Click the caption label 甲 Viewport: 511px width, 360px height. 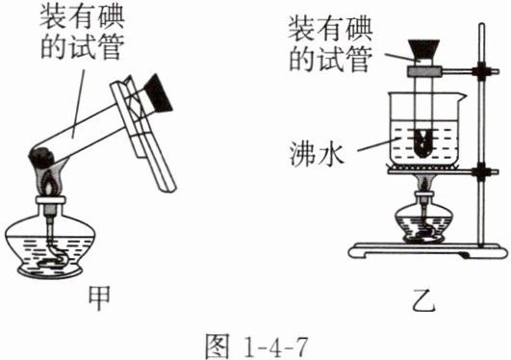point(99,298)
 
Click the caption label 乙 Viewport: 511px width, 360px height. point(423,300)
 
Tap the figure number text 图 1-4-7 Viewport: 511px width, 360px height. point(256,346)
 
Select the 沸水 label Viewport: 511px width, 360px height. point(317,153)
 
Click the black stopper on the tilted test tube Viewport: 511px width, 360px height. point(158,94)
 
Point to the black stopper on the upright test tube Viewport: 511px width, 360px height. point(423,49)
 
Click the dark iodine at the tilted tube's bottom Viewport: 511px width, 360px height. point(41,158)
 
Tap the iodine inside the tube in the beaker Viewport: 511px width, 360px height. point(423,143)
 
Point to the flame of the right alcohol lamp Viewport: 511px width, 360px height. point(423,184)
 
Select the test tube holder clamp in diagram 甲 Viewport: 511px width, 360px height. point(142,133)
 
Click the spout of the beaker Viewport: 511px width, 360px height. point(463,95)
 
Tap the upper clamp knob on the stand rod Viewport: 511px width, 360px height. point(482,70)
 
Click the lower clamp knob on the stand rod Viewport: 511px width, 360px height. point(482,171)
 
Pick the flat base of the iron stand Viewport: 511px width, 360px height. point(427,250)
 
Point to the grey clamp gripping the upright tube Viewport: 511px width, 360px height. point(423,71)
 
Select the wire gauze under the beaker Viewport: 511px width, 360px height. point(423,168)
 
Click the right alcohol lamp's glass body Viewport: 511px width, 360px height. point(423,225)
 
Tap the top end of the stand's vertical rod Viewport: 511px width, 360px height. point(482,24)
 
